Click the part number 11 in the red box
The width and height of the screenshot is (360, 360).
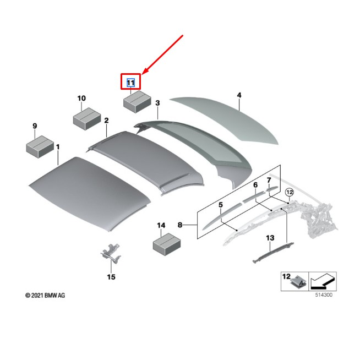[130, 83]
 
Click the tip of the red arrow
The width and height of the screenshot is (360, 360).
[143, 74]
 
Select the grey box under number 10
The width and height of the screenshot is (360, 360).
[87, 118]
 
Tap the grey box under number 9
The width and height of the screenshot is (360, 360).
[40, 146]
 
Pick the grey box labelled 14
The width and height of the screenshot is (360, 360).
[167, 244]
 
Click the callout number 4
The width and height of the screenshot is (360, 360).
[239, 95]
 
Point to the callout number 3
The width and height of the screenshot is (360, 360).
[157, 103]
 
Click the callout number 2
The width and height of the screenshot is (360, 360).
[106, 121]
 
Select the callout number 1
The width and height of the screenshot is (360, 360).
[58, 147]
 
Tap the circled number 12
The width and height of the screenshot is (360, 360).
[290, 192]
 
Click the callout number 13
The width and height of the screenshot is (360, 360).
[270, 238]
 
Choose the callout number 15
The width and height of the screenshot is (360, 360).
[111, 277]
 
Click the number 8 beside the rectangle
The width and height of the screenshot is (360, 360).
[180, 225]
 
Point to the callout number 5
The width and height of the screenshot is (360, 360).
[220, 205]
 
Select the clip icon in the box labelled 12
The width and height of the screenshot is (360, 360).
[298, 282]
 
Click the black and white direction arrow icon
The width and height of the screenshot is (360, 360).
[323, 281]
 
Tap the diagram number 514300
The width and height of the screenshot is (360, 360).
[324, 295]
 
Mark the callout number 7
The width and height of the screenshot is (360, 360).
[269, 180]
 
